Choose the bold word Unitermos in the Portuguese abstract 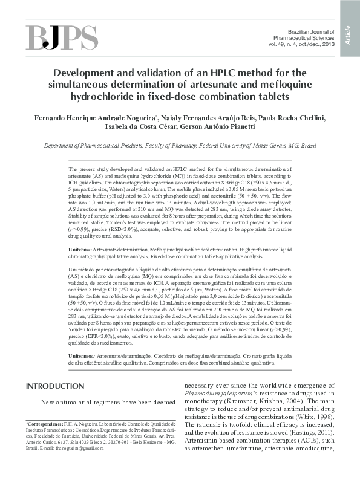tap(82, 357)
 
